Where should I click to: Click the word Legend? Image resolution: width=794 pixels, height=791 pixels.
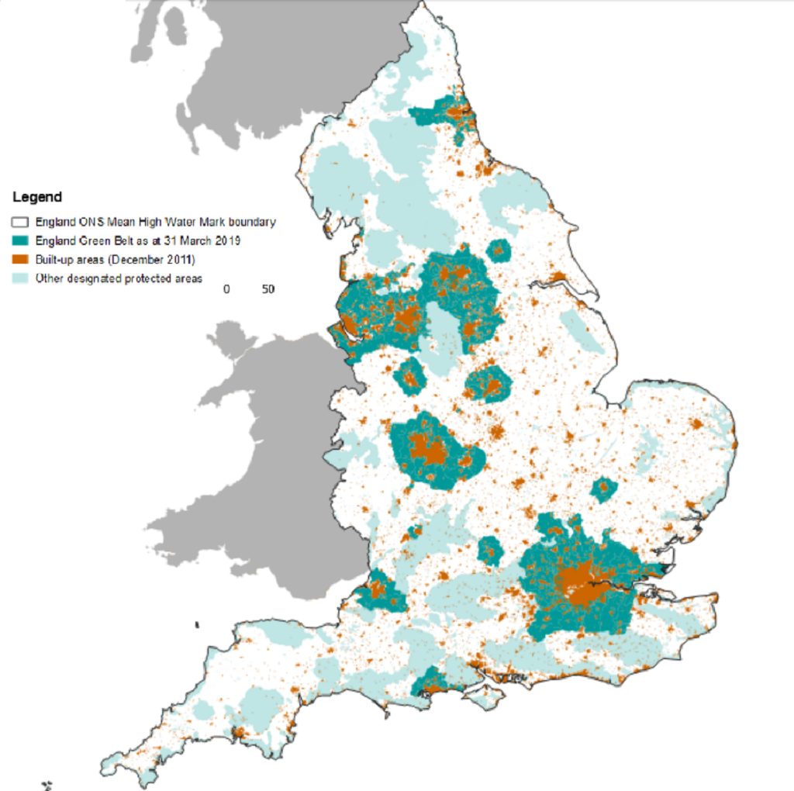point(37,197)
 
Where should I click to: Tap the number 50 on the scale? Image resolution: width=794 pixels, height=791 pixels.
point(268,289)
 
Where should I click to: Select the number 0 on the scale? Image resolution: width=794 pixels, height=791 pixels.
point(226,289)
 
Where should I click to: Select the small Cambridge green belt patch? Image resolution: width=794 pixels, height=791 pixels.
point(602,490)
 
